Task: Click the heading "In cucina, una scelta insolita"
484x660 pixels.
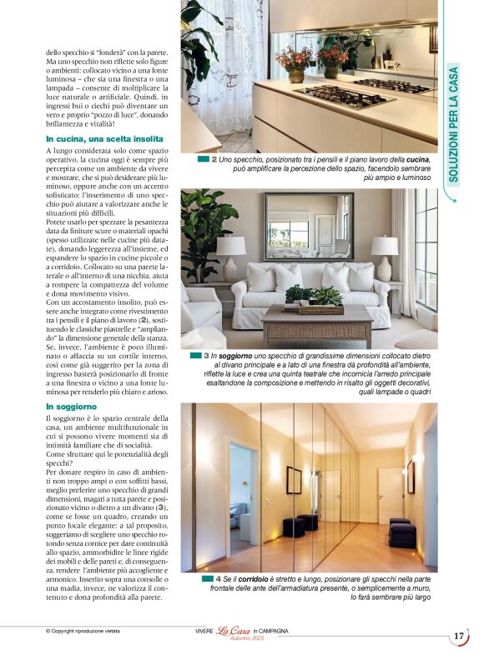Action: pyautogui.click(x=105, y=139)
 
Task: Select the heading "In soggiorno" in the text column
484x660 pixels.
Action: pyautogui.click(x=73, y=406)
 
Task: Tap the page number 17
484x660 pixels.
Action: pyautogui.click(x=459, y=637)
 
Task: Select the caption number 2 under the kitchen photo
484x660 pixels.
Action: pyautogui.click(x=214, y=158)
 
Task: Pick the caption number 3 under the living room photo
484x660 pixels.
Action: pyautogui.click(x=206, y=356)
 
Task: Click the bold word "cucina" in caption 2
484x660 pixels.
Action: pyautogui.click(x=417, y=158)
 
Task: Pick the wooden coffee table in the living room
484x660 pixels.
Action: pyautogui.click(x=316, y=323)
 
